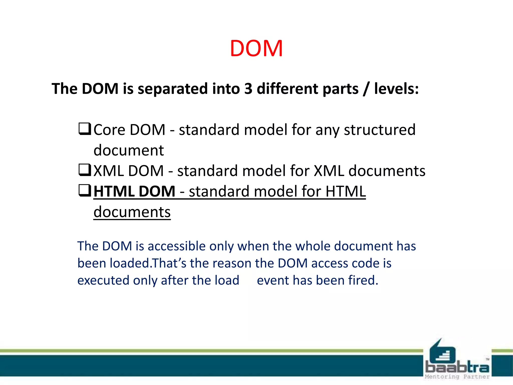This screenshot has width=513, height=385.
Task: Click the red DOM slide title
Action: (x=256, y=49)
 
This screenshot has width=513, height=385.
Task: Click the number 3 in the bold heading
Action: (x=248, y=89)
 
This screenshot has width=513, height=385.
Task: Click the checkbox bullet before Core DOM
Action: (x=85, y=129)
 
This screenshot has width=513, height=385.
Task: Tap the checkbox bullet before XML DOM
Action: (x=85, y=170)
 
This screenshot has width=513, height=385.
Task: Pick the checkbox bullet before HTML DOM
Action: (x=85, y=190)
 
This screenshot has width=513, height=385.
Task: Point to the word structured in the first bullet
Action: (x=379, y=130)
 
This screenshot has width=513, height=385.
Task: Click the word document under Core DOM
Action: (x=129, y=150)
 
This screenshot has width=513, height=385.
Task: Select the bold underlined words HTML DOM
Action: (x=134, y=191)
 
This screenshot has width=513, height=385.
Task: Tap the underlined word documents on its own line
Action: (x=132, y=212)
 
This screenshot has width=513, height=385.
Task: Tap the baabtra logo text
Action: (x=457, y=367)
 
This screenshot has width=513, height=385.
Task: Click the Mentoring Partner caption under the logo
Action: (x=457, y=377)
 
